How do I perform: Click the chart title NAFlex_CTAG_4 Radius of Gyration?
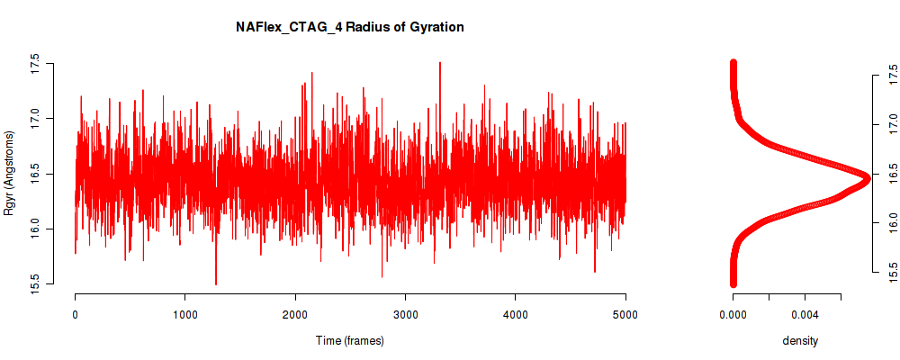point(349,27)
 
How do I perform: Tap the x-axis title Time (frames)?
point(349,340)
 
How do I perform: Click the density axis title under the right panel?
point(800,341)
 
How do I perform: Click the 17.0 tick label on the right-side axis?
point(891,124)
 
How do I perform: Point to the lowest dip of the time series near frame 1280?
point(216,283)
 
